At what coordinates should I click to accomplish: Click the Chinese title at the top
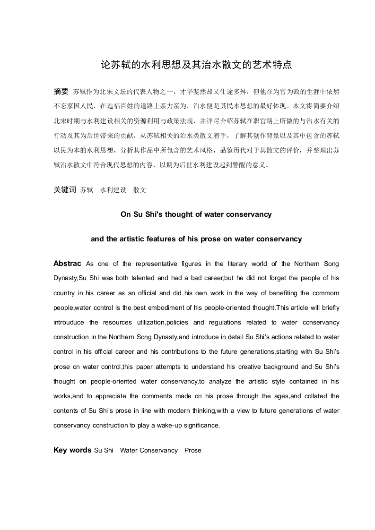(196, 65)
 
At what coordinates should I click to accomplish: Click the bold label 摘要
(61, 91)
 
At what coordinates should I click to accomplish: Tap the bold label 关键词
(65, 190)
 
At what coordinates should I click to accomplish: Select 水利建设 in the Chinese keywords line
(113, 190)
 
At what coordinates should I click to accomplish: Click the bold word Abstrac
(67, 263)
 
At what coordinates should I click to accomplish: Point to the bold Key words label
(72, 450)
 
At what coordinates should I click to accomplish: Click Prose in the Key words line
(193, 451)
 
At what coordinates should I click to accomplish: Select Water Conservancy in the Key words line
(149, 451)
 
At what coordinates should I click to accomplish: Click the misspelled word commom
(326, 293)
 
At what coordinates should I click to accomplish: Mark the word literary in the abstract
(241, 264)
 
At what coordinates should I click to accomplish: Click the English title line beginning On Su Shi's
(196, 214)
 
